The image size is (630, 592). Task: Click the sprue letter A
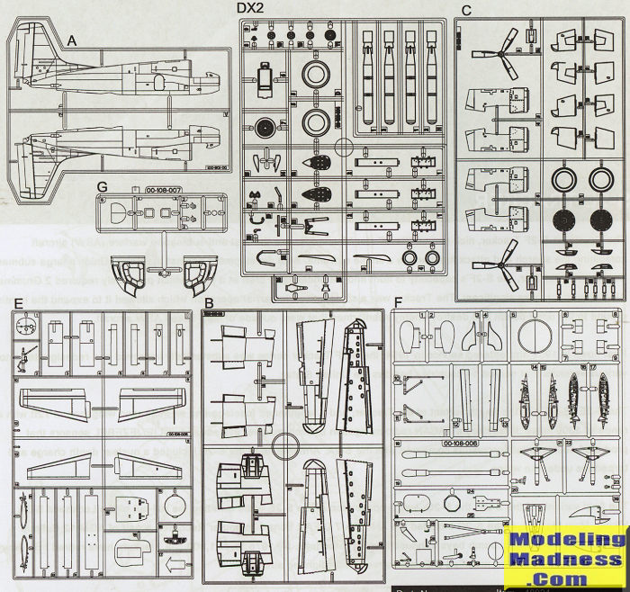point(72,40)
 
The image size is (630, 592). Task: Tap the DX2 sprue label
point(250,9)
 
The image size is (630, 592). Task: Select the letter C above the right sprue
point(465,10)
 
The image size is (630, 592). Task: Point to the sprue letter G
point(102,186)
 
